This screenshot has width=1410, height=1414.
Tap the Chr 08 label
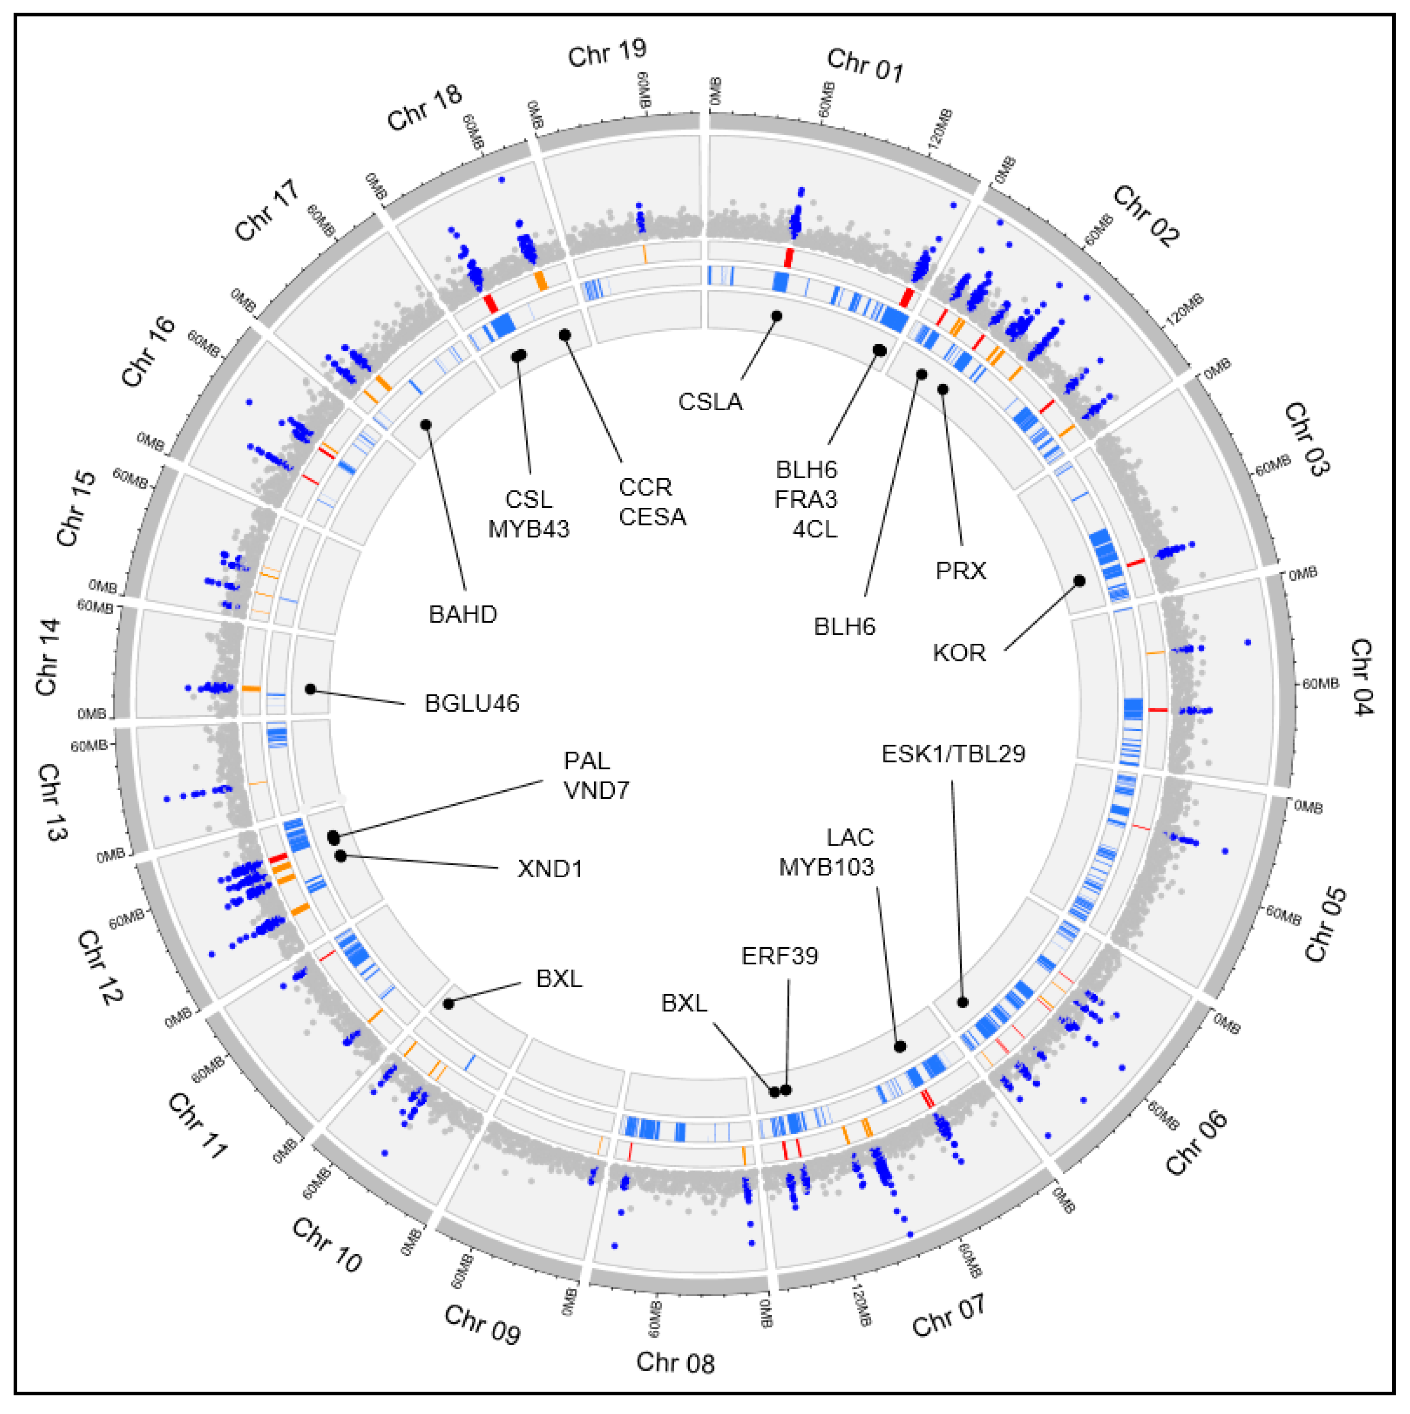[x=675, y=1362]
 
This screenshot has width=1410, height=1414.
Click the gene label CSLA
[x=710, y=402]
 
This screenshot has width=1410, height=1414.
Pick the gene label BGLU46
[x=472, y=704]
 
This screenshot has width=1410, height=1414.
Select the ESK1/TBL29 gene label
[x=953, y=754]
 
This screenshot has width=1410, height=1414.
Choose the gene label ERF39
[x=779, y=955]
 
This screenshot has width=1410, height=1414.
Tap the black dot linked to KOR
[x=1079, y=581]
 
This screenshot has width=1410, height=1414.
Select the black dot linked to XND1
[x=340, y=856]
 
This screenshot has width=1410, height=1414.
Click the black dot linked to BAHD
[x=426, y=425]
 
